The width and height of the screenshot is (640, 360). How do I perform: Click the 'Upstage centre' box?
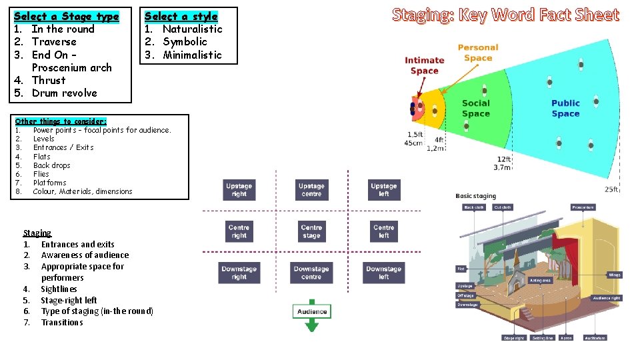coord(311,190)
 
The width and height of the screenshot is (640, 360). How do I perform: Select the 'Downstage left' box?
coord(384,273)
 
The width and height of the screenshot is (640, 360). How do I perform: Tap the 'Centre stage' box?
coord(311,231)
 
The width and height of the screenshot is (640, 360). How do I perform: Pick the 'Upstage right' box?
coord(239,190)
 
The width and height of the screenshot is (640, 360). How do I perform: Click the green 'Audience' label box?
coord(311,311)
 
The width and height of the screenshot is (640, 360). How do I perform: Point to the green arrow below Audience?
coord(311,325)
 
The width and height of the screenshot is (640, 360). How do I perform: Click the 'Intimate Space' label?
coord(425,65)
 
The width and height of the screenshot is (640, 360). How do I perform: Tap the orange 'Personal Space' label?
coord(478,53)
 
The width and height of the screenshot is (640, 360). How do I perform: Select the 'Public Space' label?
coord(565,108)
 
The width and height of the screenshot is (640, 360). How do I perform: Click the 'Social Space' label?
coord(475,108)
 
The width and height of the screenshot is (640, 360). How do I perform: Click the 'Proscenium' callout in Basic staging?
coord(583,207)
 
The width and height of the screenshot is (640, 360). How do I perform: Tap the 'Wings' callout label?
coord(614,275)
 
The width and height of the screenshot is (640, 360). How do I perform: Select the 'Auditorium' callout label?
coord(595,338)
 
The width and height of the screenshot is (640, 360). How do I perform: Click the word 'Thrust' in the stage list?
coord(49,80)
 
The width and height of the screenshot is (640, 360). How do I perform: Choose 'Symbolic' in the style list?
coord(185,41)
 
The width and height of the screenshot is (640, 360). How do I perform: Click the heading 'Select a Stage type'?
coord(66,16)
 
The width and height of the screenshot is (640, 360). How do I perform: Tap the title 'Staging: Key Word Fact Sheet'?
coord(505,15)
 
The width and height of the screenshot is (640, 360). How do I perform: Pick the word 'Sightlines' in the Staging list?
coord(59,289)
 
